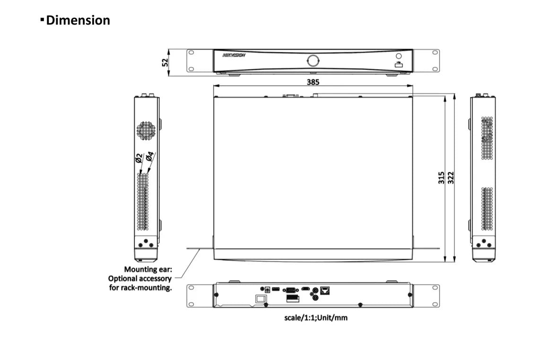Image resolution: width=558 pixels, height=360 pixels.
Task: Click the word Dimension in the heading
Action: (78, 20)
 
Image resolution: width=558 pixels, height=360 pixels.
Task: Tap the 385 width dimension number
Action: (313, 82)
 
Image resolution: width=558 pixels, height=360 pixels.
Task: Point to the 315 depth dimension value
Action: (441, 178)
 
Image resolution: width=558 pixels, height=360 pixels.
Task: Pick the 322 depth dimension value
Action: (451, 178)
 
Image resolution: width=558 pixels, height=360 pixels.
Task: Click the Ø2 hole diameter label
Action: (139, 158)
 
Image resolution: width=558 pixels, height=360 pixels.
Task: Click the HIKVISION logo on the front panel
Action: (234, 55)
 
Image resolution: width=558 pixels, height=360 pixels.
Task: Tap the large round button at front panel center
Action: (313, 60)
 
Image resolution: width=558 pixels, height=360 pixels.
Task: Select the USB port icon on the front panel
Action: (399, 65)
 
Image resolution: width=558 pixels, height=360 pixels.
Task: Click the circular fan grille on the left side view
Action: (146, 131)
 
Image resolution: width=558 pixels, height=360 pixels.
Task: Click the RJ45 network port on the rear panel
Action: (324, 290)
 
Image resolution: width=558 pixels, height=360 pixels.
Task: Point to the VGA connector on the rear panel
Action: (290, 290)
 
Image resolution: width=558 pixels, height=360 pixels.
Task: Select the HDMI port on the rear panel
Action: (306, 289)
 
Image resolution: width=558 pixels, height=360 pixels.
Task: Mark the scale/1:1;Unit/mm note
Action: (315, 317)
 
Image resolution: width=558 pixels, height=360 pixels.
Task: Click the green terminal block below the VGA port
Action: (292, 299)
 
